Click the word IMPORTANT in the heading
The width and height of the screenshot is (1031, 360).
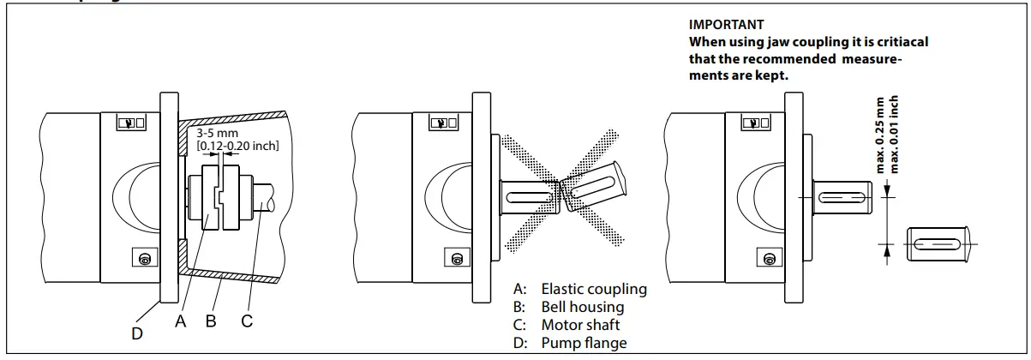coord(726,25)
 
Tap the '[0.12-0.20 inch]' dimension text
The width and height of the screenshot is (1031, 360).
coord(237,147)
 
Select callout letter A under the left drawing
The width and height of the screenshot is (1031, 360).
coord(180,322)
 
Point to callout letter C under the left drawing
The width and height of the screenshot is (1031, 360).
coord(247,322)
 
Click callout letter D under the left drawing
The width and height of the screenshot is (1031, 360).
coord(137,333)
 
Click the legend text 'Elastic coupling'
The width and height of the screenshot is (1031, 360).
coord(593,289)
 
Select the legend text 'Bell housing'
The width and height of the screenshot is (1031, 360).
coord(582,307)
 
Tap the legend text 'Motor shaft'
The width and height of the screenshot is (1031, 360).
coord(580,325)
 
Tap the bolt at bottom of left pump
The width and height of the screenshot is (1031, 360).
coord(145,258)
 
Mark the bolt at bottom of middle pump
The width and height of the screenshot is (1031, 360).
coord(457,258)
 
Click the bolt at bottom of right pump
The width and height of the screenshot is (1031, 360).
coord(769,258)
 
